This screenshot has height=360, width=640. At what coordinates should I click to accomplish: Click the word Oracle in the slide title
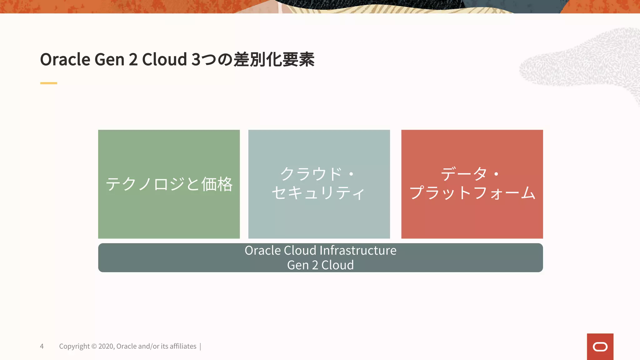pyautogui.click(x=65, y=59)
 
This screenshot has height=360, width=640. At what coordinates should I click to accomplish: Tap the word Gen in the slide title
pyautogui.click(x=109, y=59)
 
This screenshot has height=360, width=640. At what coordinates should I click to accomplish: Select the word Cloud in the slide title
pyautogui.click(x=164, y=59)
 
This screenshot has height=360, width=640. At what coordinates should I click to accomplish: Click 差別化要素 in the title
pyautogui.click(x=274, y=59)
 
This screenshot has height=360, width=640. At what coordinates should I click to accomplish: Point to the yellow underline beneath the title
pyautogui.click(x=49, y=83)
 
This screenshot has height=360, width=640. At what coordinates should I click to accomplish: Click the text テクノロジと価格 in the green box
pyautogui.click(x=169, y=184)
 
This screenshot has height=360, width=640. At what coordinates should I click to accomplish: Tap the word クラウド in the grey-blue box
pyautogui.click(x=311, y=174)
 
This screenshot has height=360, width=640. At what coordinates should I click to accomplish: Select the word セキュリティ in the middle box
pyautogui.click(x=318, y=193)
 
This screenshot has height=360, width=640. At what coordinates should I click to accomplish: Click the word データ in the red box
pyautogui.click(x=464, y=174)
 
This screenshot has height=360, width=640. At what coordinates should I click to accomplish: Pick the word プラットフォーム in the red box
pyautogui.click(x=472, y=193)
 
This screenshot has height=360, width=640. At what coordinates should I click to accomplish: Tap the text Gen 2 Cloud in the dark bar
pyautogui.click(x=320, y=265)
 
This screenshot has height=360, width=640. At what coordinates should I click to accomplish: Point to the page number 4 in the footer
pyautogui.click(x=42, y=346)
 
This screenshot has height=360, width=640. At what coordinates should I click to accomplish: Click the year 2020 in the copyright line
pyautogui.click(x=106, y=346)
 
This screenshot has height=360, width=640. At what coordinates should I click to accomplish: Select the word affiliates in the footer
pyautogui.click(x=183, y=346)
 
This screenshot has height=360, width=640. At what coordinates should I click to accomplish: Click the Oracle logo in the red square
pyautogui.click(x=600, y=347)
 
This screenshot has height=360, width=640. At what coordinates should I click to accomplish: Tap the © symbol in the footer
pyautogui.click(x=94, y=346)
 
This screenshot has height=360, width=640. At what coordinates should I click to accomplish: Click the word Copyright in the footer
pyautogui.click(x=74, y=346)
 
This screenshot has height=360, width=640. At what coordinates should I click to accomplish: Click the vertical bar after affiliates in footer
pyautogui.click(x=200, y=346)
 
